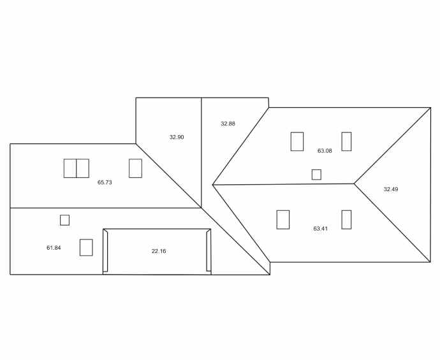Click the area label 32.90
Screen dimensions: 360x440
177,137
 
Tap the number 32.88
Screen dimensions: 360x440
228,124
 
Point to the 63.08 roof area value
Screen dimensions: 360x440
325,151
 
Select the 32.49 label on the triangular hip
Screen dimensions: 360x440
390,189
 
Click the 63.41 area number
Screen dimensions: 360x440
321,228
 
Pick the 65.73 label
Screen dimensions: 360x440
105,182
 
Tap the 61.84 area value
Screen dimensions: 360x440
54,247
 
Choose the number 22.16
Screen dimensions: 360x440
159,251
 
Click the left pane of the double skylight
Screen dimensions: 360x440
70,168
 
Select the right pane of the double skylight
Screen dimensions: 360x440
83,168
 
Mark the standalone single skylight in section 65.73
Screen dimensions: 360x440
135,168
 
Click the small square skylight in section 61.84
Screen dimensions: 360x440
64,220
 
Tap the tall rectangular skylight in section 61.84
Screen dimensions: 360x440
86,247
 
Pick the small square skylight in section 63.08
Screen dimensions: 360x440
316,175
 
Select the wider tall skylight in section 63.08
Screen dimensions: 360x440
297,141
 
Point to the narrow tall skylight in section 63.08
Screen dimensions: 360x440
346,141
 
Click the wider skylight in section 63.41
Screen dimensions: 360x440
283,220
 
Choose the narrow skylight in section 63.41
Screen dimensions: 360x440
346,220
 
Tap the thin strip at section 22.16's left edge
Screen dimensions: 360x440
106,252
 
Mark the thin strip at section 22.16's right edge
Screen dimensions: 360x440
209,252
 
